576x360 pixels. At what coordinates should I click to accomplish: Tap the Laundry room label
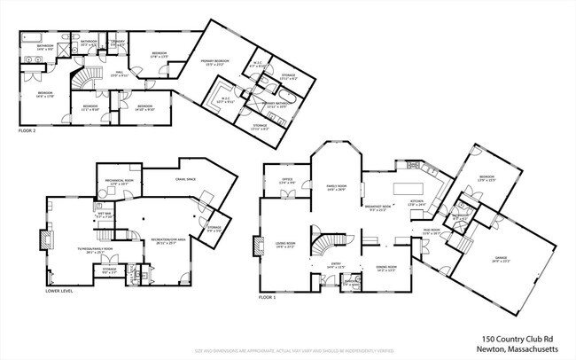coord(117,43)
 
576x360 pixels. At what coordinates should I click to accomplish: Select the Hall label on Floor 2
coord(119,74)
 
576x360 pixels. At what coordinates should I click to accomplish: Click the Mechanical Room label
coord(119,183)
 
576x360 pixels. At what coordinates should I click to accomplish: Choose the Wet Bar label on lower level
coord(105,215)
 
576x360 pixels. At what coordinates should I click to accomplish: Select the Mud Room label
coord(431,234)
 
